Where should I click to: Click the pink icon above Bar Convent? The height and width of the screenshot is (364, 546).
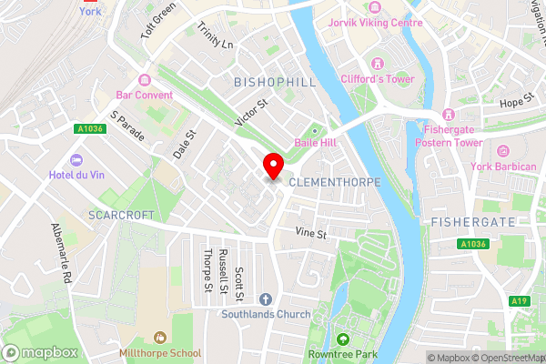[x=144, y=79]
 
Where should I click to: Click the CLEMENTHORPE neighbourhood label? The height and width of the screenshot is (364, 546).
[x=334, y=182]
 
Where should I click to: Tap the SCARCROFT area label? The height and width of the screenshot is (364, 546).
[x=123, y=215]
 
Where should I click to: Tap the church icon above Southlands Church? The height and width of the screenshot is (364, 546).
[x=266, y=298]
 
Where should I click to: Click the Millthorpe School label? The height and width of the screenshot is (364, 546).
[x=160, y=351]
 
